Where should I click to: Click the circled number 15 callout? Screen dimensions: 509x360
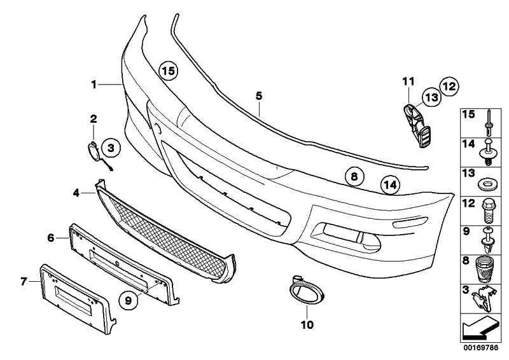pos(169,71)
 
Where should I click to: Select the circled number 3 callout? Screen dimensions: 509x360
pos(111,148)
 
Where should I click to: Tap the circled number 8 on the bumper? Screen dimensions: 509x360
pos(354,176)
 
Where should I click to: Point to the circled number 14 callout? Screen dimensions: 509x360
pos(390,184)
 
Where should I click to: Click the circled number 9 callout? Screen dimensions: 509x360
pos(129,300)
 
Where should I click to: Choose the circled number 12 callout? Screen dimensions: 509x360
pos(449,87)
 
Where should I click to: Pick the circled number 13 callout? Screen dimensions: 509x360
pos(432,97)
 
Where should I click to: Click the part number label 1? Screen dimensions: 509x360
pos(94,85)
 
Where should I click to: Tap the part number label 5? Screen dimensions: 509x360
pos(259,96)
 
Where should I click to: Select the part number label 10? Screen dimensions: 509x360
pos(307,324)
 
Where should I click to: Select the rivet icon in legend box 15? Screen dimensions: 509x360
pos(488,123)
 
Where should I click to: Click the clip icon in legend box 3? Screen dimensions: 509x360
pos(484,299)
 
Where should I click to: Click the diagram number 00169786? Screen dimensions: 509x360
pos(481,348)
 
